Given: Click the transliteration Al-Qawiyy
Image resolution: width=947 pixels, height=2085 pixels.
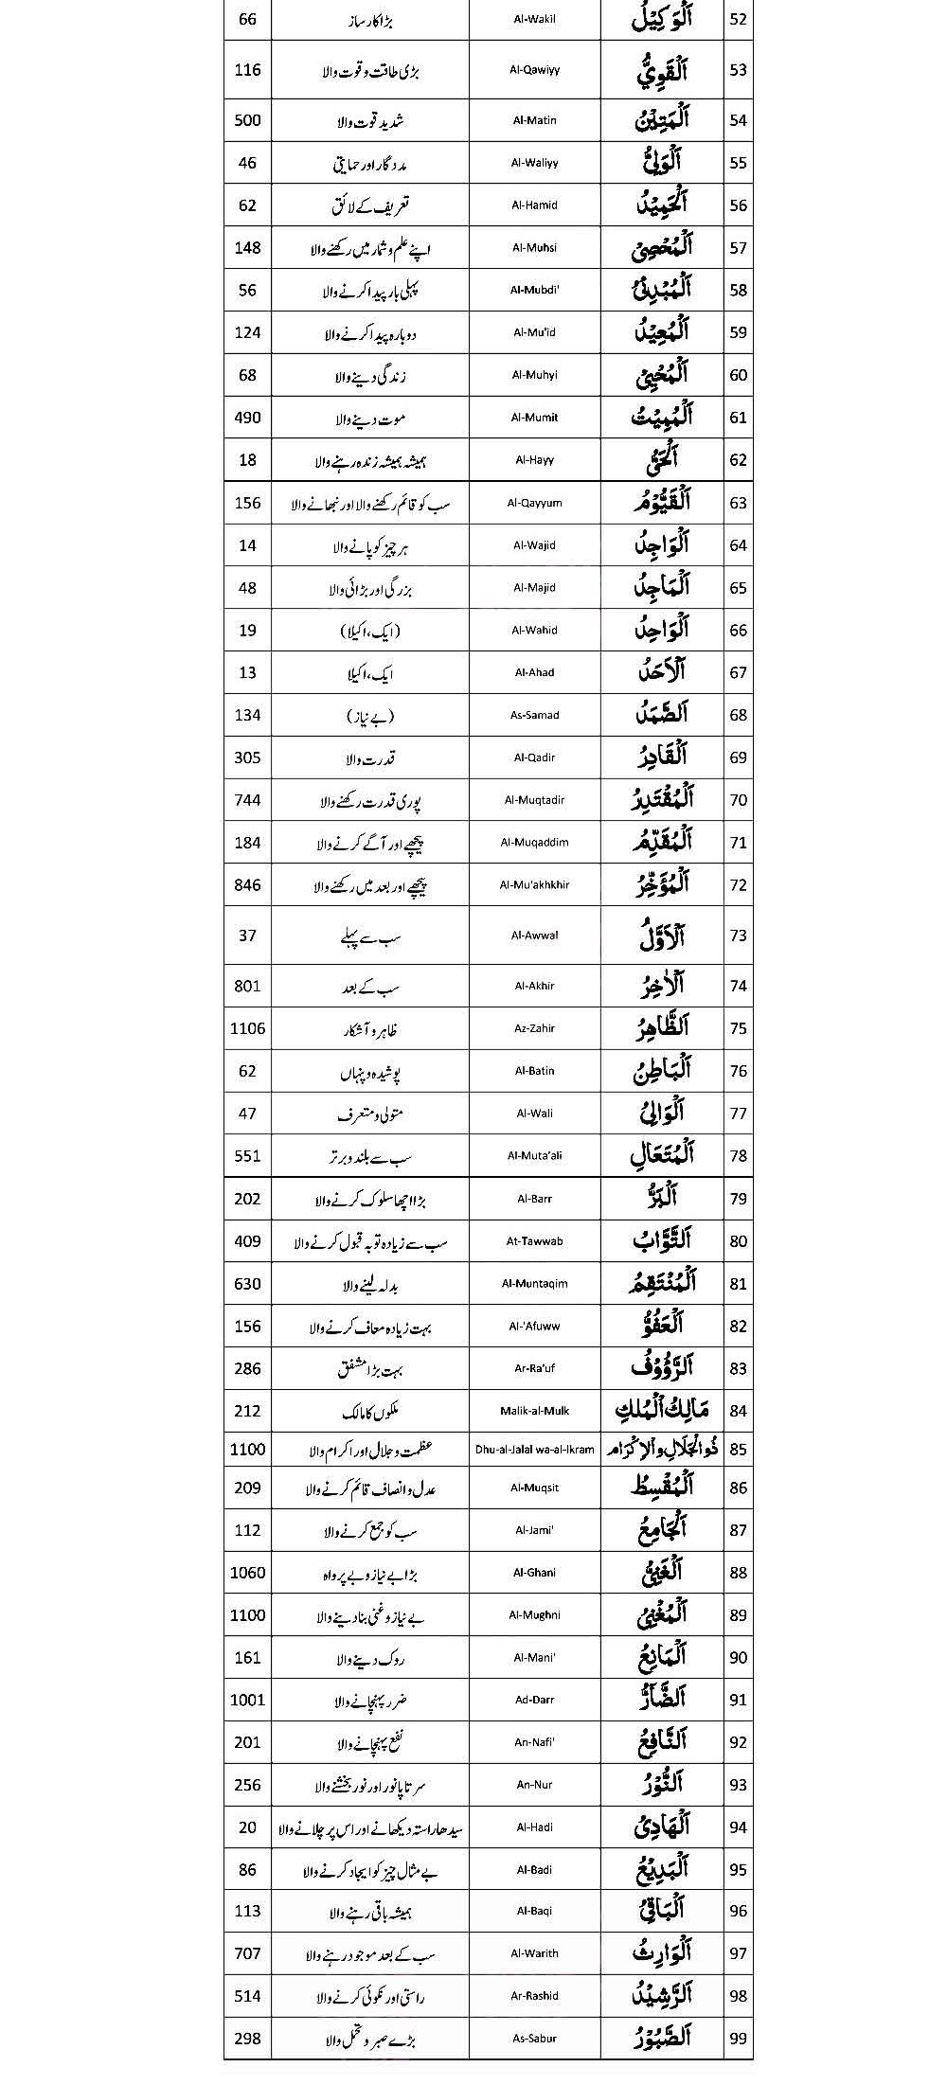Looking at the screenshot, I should [534, 70].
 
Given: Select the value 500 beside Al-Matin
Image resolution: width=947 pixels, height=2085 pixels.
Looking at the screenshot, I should [247, 120].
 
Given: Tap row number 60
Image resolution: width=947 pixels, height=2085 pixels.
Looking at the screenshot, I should [739, 375].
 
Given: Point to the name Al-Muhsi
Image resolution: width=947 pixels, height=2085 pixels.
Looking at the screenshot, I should [534, 248].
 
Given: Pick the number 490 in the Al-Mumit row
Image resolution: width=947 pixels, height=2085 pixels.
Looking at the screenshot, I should [247, 418].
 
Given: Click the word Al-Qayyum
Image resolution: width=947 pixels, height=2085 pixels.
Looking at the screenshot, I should [534, 503].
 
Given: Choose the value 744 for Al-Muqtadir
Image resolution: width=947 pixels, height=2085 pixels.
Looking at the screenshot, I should [247, 800].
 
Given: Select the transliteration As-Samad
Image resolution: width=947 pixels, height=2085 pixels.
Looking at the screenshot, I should [534, 715].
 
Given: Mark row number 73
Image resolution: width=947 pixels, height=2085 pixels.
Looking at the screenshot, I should [739, 936].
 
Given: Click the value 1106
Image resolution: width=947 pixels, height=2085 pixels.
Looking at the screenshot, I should [247, 1028].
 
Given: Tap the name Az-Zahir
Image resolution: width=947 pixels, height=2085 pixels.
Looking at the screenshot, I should [534, 1028].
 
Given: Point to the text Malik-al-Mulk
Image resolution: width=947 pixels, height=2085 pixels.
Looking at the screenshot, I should [534, 1411].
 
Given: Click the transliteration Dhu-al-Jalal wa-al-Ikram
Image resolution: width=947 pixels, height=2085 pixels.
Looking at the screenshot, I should [534, 1450].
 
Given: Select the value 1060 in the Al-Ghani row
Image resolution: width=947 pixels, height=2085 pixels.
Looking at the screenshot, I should [247, 1573].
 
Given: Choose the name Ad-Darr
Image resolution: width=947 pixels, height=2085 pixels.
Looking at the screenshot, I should [534, 1700].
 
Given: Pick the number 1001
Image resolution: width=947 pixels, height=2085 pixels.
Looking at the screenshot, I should [247, 1700].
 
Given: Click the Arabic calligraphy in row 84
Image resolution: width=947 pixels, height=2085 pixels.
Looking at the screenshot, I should [662, 1411].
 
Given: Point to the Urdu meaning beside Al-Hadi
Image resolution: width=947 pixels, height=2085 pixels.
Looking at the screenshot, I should [369, 1827].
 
